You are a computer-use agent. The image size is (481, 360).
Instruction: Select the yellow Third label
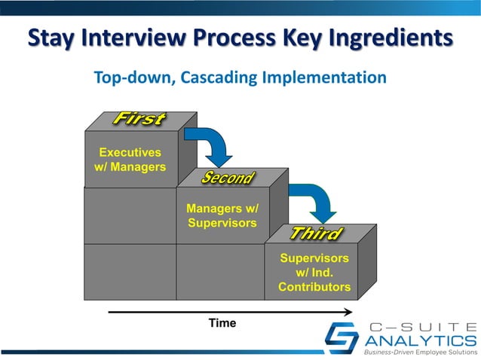coord(317,234)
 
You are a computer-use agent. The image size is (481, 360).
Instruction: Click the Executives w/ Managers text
coord(130,160)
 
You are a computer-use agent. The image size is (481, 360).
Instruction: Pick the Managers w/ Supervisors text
coord(222,215)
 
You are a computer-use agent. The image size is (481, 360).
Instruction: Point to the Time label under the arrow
coord(222,323)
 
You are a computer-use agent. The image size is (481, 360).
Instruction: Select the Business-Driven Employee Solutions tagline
coord(419,352)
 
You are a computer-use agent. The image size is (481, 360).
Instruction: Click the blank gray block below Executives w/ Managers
coord(130,215)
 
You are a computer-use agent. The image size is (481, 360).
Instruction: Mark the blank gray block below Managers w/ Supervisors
coord(220,271)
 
